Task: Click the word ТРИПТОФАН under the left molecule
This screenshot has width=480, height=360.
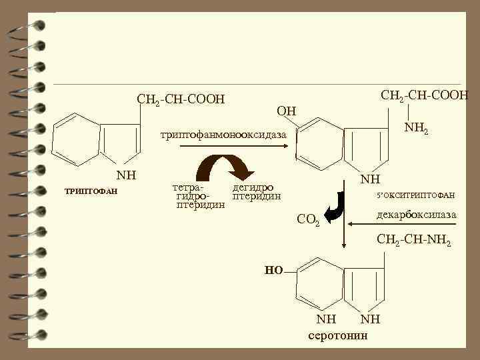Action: pyautogui.click(x=91, y=192)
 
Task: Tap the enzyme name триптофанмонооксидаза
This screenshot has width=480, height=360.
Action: pyautogui.click(x=222, y=135)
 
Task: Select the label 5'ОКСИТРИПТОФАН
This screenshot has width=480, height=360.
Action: pyautogui.click(x=415, y=195)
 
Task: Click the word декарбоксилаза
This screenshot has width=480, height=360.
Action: pyautogui.click(x=416, y=215)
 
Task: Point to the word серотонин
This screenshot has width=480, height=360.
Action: pyautogui.click(x=338, y=335)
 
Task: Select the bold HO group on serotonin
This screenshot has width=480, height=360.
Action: pyautogui.click(x=274, y=270)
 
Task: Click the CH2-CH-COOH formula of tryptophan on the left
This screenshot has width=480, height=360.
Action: pyautogui.click(x=181, y=100)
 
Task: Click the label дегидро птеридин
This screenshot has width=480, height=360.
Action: pyautogui.click(x=256, y=192)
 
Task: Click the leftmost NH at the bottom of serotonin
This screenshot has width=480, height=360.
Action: pyautogui.click(x=326, y=319)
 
